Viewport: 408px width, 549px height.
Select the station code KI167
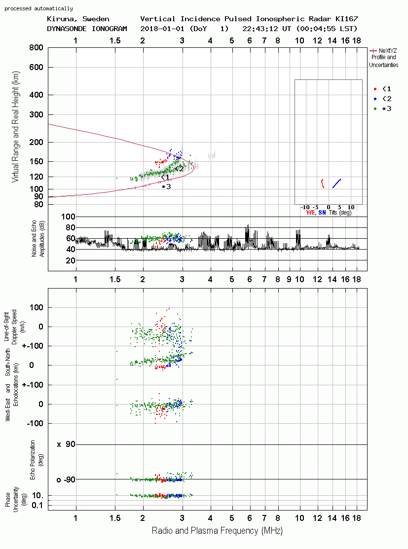point(346,19)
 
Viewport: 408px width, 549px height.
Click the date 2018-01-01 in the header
point(162,29)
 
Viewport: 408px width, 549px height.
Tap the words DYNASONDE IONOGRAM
point(87,29)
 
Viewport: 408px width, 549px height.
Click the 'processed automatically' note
point(38,8)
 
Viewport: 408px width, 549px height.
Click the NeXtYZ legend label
point(388,51)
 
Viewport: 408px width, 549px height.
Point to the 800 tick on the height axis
point(36,47)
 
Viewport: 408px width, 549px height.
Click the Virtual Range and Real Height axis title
point(15,127)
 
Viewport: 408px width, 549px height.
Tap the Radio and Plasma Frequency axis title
point(217,531)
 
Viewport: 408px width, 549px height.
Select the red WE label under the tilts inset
point(311,213)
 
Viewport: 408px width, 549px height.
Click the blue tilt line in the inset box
point(336,183)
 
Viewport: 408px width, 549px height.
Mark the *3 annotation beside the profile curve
point(166,186)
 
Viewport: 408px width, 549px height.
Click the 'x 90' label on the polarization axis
point(66,444)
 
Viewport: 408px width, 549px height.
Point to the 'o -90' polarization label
point(66,479)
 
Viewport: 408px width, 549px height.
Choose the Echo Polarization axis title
point(37,460)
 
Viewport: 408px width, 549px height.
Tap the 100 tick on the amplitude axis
point(68,217)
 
